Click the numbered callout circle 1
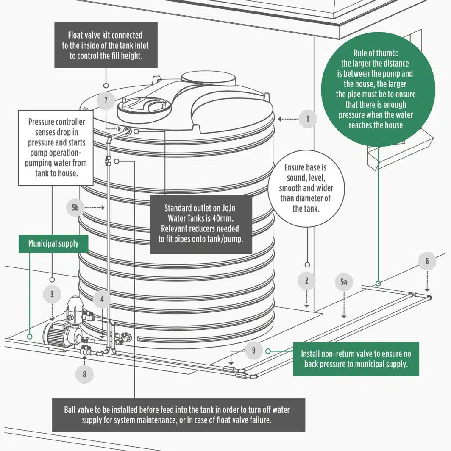click(x=308, y=119)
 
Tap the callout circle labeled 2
click(x=306, y=280)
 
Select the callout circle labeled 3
click(x=52, y=294)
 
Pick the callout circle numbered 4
click(x=102, y=299)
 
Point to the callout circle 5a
click(x=344, y=282)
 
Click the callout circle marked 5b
click(x=75, y=208)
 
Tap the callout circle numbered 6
click(x=427, y=261)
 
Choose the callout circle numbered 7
click(x=106, y=102)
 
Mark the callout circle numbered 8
click(x=84, y=374)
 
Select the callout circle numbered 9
click(x=253, y=351)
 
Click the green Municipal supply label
click(x=53, y=244)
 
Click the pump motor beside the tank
click(x=57, y=335)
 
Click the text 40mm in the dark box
click(x=225, y=218)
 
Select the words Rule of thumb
click(x=376, y=53)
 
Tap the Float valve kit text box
click(x=106, y=45)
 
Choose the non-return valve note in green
click(x=356, y=359)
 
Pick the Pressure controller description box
click(x=56, y=148)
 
